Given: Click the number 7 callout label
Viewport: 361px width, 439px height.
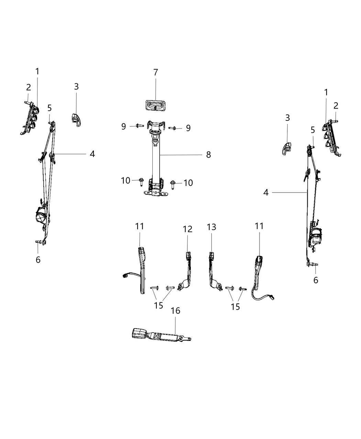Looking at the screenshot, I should (x=155, y=73).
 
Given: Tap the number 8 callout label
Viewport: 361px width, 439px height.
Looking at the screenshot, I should (x=208, y=155).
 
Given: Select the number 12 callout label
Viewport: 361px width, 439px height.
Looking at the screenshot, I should (x=188, y=229).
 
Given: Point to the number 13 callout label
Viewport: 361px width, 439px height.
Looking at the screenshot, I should (x=211, y=227).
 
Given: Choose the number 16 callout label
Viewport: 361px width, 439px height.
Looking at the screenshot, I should (x=175, y=311).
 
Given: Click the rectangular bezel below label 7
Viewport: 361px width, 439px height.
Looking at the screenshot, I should (x=155, y=105).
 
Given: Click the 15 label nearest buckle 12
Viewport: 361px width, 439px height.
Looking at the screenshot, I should (x=158, y=305).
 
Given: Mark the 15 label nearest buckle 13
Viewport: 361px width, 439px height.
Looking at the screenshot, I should (x=235, y=306).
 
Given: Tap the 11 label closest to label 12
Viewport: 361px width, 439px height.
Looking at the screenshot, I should (x=140, y=227).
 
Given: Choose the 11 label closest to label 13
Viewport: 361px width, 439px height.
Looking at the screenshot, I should (x=259, y=226).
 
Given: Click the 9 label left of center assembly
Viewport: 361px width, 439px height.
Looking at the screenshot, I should (x=123, y=126).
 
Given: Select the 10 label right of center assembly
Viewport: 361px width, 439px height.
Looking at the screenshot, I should (x=188, y=183).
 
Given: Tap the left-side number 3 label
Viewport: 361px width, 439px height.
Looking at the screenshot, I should (x=76, y=86).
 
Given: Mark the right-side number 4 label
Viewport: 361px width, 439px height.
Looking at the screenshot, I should (x=266, y=192).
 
